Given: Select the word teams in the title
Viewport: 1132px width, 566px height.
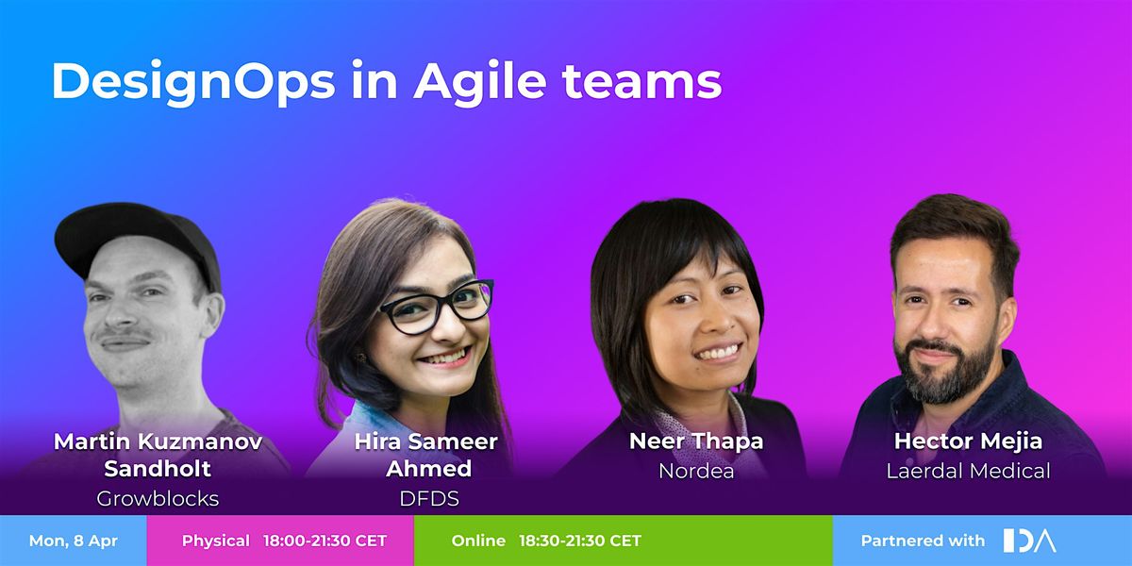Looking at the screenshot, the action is click(x=642, y=82).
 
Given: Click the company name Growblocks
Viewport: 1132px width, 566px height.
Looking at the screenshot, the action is click(x=158, y=499).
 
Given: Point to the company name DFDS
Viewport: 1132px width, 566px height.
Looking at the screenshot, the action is click(x=429, y=499).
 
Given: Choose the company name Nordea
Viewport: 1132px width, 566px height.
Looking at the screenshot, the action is click(x=696, y=471).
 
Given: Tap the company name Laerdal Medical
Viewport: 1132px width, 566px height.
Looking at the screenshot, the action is click(x=968, y=471).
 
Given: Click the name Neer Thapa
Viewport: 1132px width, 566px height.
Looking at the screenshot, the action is click(x=696, y=441).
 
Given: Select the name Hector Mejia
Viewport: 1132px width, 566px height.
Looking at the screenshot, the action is click(x=968, y=441).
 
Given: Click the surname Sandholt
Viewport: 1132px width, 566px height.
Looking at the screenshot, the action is click(x=158, y=469).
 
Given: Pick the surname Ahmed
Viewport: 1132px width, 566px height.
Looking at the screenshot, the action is click(x=429, y=469).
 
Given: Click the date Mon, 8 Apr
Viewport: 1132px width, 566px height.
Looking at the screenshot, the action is click(x=74, y=541).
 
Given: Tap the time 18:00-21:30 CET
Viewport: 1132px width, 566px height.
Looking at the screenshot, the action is click(x=325, y=541).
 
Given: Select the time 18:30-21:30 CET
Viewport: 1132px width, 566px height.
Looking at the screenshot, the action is click(x=580, y=541).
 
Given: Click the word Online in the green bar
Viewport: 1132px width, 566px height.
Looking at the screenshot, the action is click(x=478, y=541).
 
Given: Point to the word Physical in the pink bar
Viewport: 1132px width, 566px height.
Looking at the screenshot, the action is click(x=216, y=541).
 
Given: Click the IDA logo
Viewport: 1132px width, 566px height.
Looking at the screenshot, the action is click(x=1029, y=541).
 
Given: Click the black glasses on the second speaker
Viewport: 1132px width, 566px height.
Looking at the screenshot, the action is click(x=437, y=307).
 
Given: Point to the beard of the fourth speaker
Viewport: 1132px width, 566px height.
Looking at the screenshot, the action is click(x=944, y=372).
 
